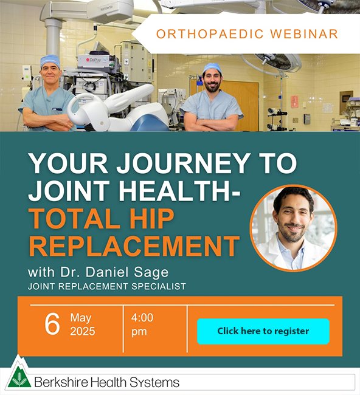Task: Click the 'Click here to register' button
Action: click(263, 331)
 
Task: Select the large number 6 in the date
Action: click(52, 324)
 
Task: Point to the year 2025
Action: click(83, 331)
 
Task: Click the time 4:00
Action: click(142, 318)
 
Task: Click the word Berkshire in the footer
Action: click(61, 382)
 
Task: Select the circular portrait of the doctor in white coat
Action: click(294, 228)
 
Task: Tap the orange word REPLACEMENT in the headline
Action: click(134, 246)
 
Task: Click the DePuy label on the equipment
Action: click(94, 60)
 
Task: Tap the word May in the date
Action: click(81, 318)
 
